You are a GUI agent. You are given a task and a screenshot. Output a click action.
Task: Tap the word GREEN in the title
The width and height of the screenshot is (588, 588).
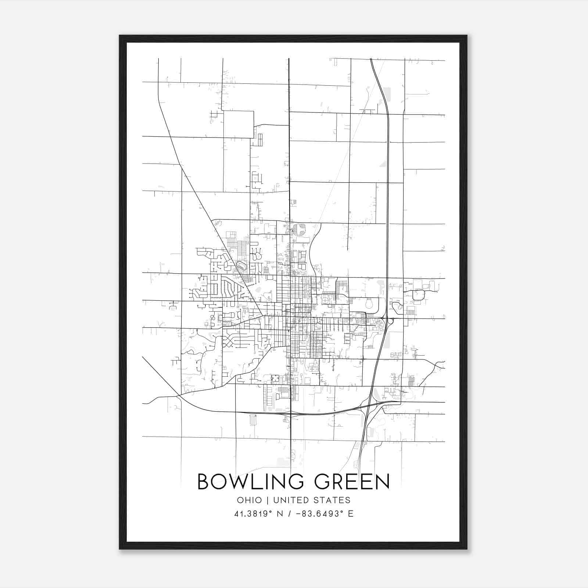coord(352,481)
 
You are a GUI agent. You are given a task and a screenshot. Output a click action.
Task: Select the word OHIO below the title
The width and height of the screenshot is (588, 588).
coord(249,500)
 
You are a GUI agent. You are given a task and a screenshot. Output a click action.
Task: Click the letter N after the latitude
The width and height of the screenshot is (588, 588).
coord(280,513)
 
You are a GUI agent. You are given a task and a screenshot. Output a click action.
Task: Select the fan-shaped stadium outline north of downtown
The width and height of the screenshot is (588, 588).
coord(299,230)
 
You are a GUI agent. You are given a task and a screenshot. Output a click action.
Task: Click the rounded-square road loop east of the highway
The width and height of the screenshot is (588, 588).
coord(418,295)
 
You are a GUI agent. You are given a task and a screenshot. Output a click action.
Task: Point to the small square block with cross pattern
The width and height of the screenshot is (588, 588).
coord(275,378)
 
